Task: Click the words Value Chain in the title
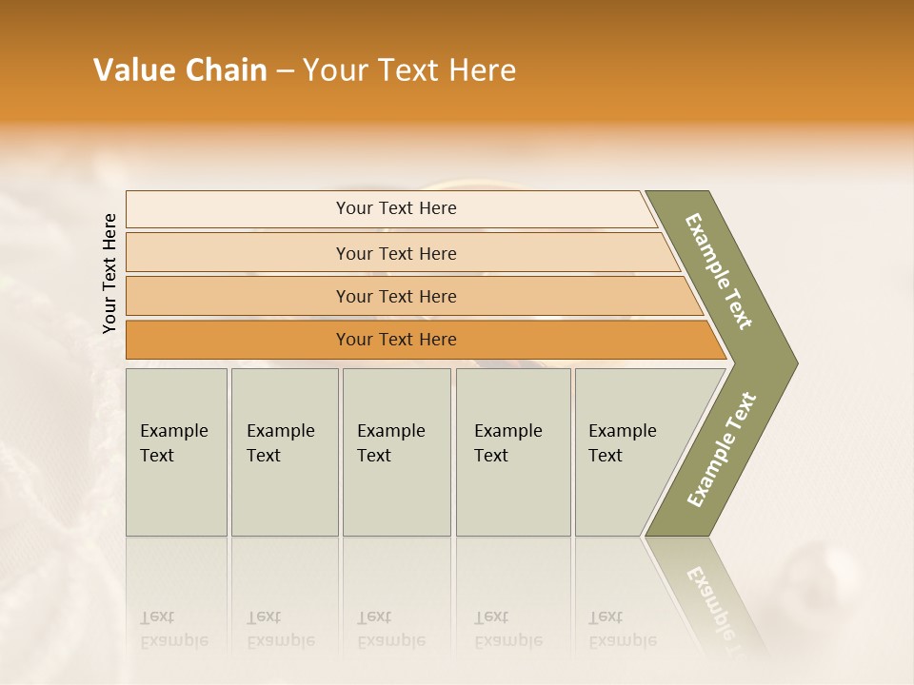[180, 70]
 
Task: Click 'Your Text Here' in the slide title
[409, 70]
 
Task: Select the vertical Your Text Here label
[109, 274]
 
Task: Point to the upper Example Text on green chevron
[719, 271]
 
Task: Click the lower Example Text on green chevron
[721, 449]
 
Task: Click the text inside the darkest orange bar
[396, 340]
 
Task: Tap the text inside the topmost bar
[396, 208]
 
